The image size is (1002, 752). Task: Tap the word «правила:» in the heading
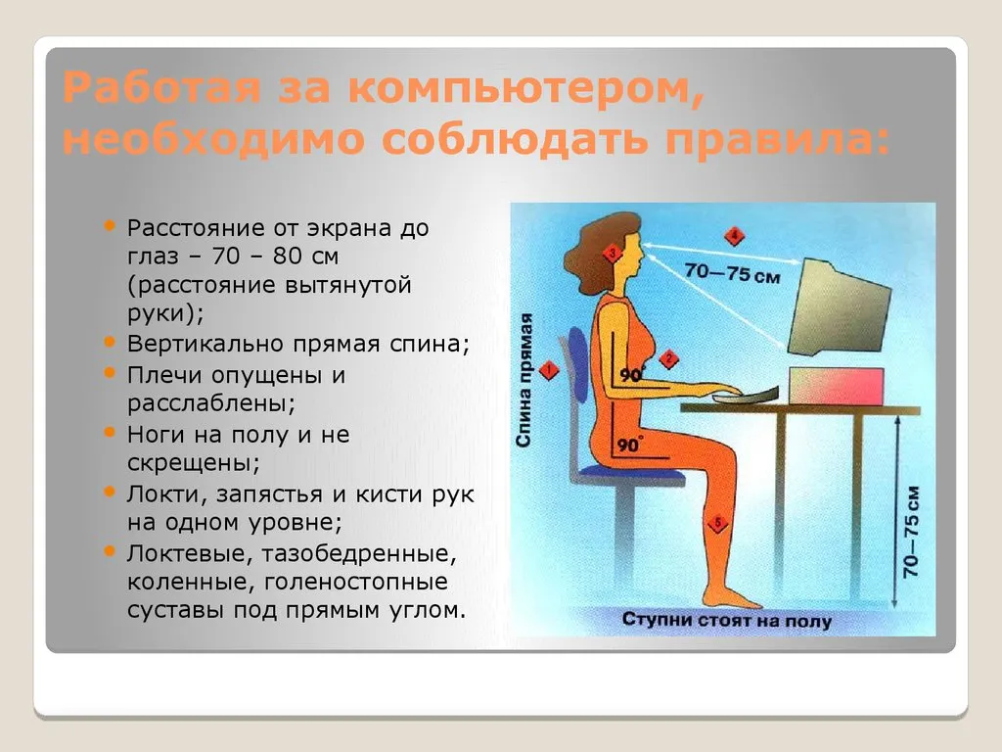click(778, 139)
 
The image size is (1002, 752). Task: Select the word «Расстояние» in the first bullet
click(196, 228)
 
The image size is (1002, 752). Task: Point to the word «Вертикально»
click(205, 344)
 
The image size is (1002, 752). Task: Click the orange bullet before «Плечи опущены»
click(110, 372)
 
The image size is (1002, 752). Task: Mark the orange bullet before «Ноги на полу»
click(110, 432)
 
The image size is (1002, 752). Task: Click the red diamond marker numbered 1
click(548, 370)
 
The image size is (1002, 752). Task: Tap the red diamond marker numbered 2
click(668, 358)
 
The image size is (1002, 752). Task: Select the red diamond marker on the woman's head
click(613, 254)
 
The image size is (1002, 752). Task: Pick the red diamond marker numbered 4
click(734, 236)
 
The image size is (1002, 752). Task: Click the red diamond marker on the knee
click(717, 524)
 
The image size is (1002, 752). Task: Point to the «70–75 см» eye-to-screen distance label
click(732, 274)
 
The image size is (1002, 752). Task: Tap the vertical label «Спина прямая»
click(524, 380)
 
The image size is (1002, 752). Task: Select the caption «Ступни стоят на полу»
click(727, 620)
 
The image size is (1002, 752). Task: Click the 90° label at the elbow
click(631, 374)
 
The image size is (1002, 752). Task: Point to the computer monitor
click(839, 307)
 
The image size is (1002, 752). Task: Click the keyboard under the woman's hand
click(746, 397)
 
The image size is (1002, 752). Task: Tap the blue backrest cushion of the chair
click(579, 364)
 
